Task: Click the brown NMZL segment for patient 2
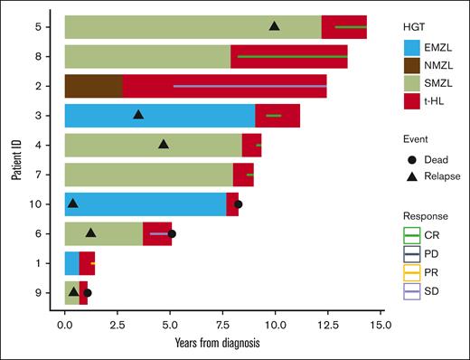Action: point(93,86)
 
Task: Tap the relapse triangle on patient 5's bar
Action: point(274,26)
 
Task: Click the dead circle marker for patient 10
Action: point(238,204)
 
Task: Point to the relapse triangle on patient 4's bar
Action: point(164,144)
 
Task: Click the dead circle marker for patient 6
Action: point(172,233)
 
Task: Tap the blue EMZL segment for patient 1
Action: point(71,263)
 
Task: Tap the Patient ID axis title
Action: point(16,159)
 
